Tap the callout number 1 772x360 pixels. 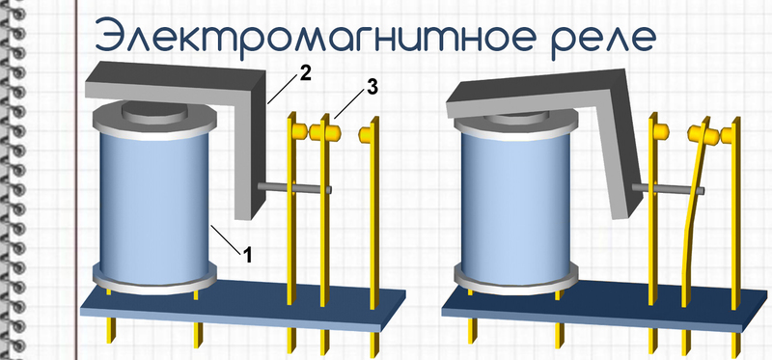(247, 255)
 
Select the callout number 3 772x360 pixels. (372, 88)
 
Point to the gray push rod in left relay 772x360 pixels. (295, 187)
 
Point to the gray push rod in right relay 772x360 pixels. (668, 188)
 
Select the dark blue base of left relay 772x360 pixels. (243, 306)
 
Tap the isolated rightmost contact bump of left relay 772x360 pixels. (366, 134)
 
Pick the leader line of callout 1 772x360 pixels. (226, 238)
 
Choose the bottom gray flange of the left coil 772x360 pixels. (154, 277)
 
